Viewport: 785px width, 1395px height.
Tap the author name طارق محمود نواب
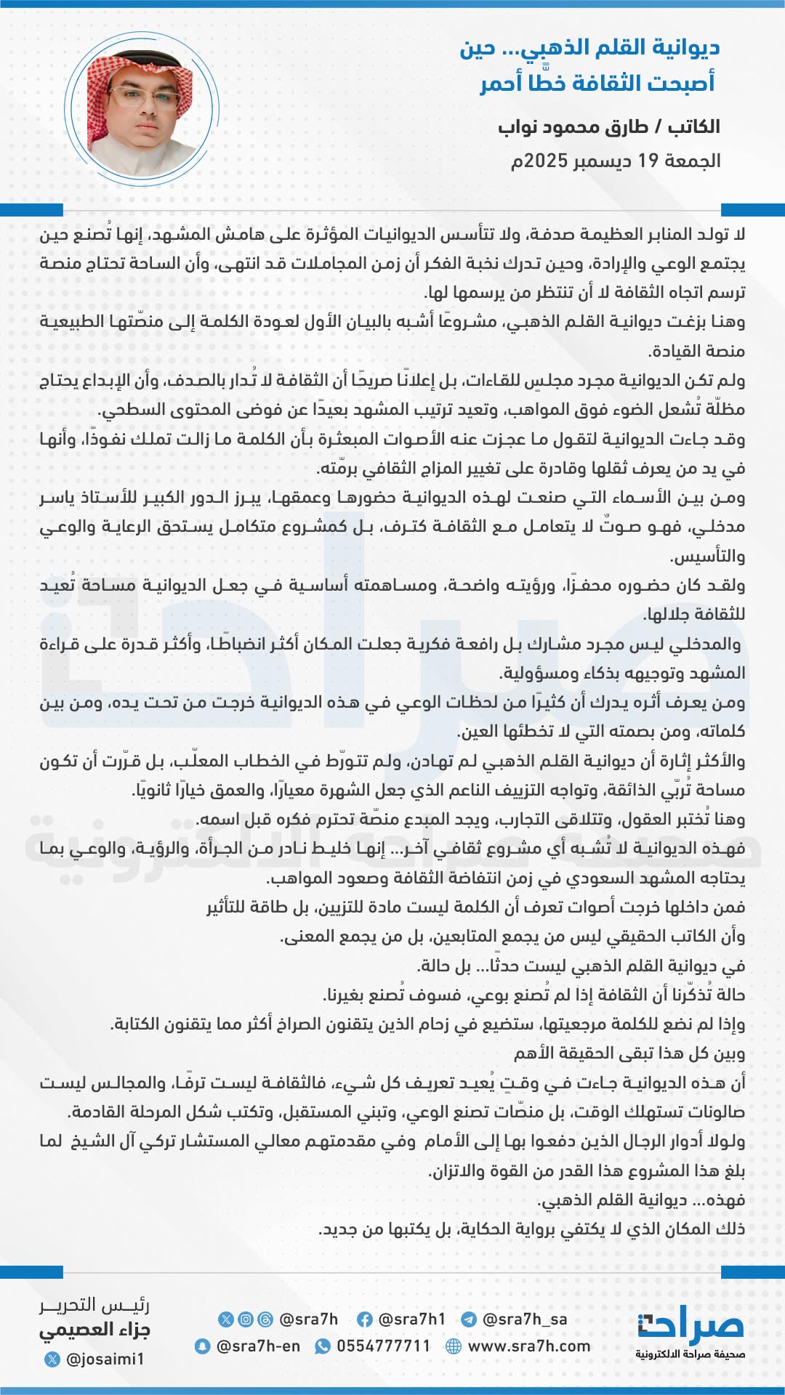tap(574, 127)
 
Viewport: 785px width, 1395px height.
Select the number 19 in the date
tap(648, 161)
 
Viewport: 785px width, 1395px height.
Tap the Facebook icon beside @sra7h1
tap(365, 1319)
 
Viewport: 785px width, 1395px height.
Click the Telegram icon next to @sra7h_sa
tap(469, 1319)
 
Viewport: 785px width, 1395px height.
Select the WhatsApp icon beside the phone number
tap(322, 1346)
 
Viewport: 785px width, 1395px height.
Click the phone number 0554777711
tap(383, 1346)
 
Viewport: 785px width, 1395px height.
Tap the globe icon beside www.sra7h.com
tap(454, 1346)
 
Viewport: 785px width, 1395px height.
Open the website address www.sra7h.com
tap(529, 1346)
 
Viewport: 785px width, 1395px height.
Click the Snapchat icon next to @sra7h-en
tap(203, 1346)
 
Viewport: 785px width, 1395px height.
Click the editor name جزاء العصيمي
tap(94, 1331)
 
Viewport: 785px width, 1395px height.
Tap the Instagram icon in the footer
tap(246, 1319)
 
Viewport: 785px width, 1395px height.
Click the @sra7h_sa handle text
tap(525, 1319)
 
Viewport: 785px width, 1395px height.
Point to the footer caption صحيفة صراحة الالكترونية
tap(690, 1354)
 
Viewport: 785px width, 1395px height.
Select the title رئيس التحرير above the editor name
tap(94, 1306)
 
